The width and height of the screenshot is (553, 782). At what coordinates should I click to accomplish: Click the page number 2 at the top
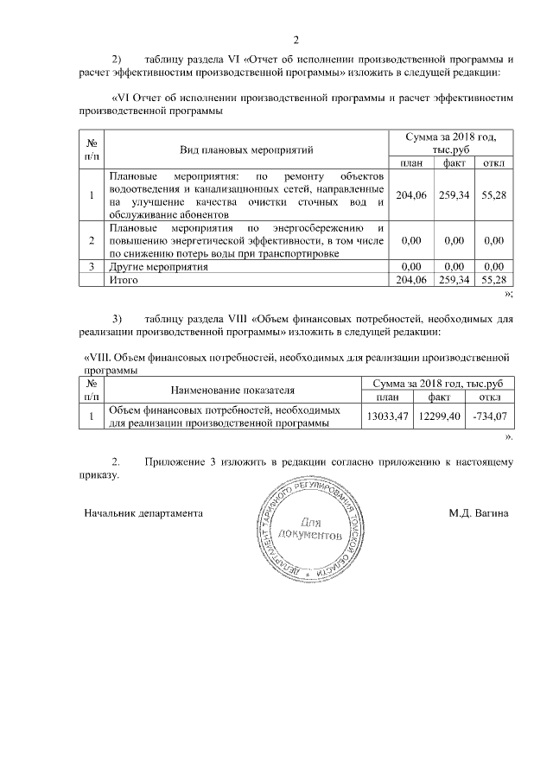pos(296,39)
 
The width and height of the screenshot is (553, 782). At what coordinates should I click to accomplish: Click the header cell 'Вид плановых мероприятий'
pos(246,150)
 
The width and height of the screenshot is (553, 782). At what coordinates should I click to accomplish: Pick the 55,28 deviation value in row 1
pos(493,195)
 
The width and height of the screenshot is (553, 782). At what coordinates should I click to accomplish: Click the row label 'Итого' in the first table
pos(122,280)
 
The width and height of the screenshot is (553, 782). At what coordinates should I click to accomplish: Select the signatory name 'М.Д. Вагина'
pos(479,512)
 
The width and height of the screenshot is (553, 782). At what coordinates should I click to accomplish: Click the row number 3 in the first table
pos(92,267)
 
